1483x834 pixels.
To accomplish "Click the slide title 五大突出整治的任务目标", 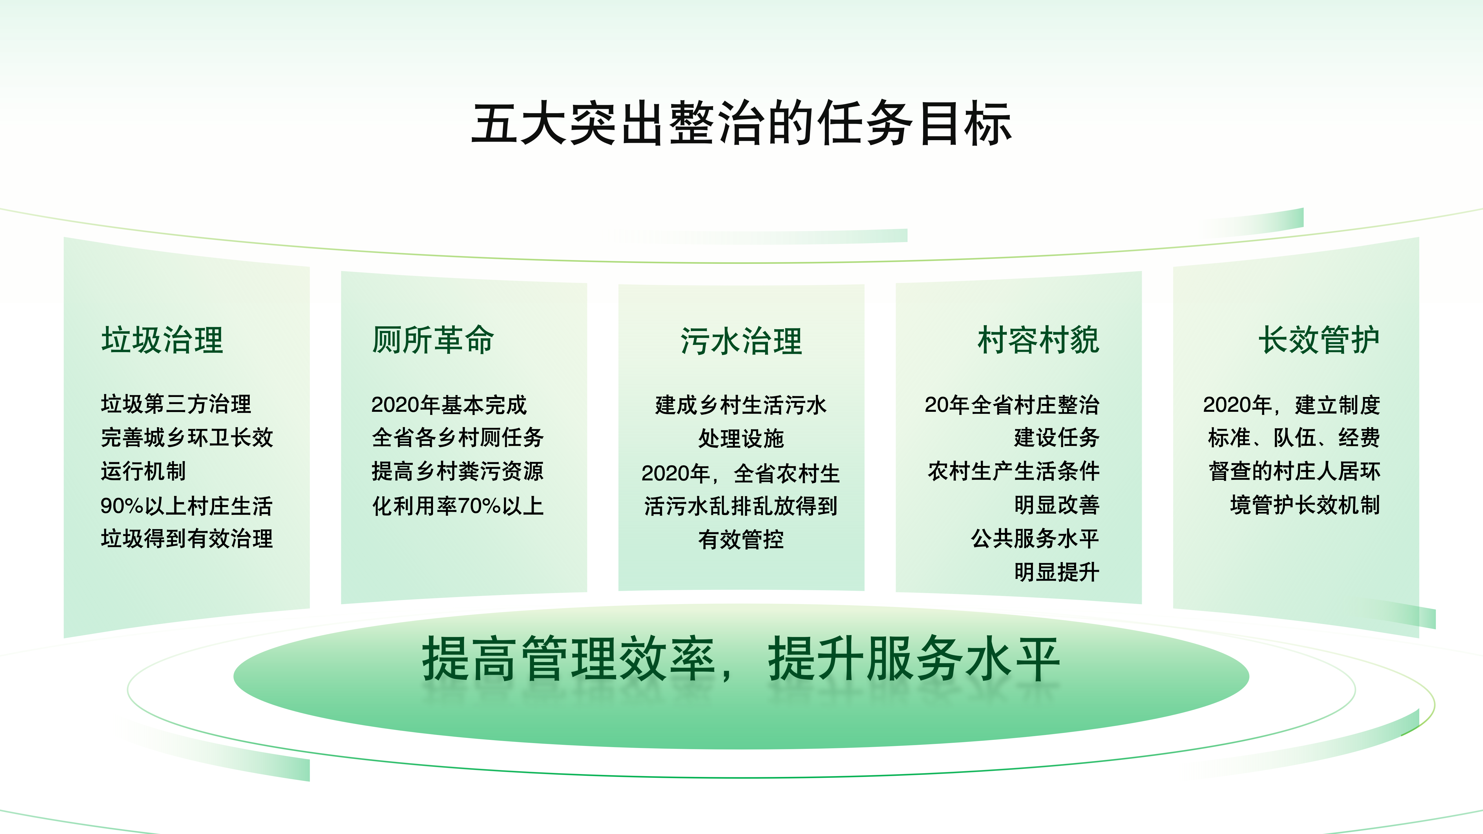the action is click(741, 122).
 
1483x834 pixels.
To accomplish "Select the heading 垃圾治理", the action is click(162, 340).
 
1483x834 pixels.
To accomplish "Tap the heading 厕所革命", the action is click(433, 340).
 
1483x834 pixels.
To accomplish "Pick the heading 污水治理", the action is click(741, 341).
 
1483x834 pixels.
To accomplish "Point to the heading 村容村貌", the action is click(1039, 340).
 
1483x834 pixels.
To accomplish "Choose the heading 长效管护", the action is click(1319, 340).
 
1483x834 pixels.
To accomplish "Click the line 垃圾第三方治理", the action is click(176, 404).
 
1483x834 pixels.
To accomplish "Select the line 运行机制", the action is click(143, 471).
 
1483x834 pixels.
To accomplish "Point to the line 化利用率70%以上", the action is click(458, 505).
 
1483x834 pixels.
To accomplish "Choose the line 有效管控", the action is click(741, 539).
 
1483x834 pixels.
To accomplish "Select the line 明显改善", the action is click(1057, 505).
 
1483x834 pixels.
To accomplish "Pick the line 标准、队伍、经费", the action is click(1294, 438).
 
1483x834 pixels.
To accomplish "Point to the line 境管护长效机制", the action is click(1305, 505).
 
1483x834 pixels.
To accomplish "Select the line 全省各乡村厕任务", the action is click(458, 438).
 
